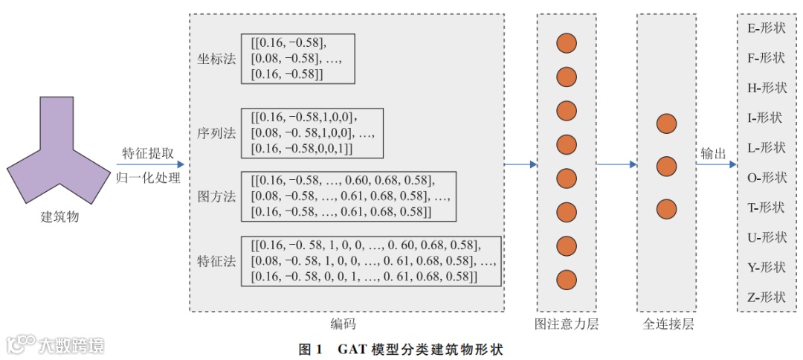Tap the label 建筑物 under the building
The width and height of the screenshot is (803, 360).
tap(59, 218)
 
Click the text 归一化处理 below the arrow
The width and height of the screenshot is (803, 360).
tap(148, 178)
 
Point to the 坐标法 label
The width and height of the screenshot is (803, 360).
tap(216, 59)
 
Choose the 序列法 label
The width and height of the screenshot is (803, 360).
tap(216, 133)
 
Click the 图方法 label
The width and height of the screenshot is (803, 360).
tap(216, 196)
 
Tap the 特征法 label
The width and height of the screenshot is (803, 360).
tap(216, 261)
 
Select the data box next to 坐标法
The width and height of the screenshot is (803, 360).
tap(297, 58)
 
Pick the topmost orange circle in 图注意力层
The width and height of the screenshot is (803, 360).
tap(567, 43)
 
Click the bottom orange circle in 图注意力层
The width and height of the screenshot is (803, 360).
tap(567, 280)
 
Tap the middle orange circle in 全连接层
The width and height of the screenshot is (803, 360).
tap(666, 166)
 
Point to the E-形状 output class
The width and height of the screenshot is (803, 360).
tap(767, 28)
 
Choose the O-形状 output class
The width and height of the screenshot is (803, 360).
tap(767, 178)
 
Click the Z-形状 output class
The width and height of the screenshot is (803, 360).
tap(767, 298)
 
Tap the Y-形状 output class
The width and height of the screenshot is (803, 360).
tap(767, 267)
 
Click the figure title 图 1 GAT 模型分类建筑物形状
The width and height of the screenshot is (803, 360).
tap(401, 348)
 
